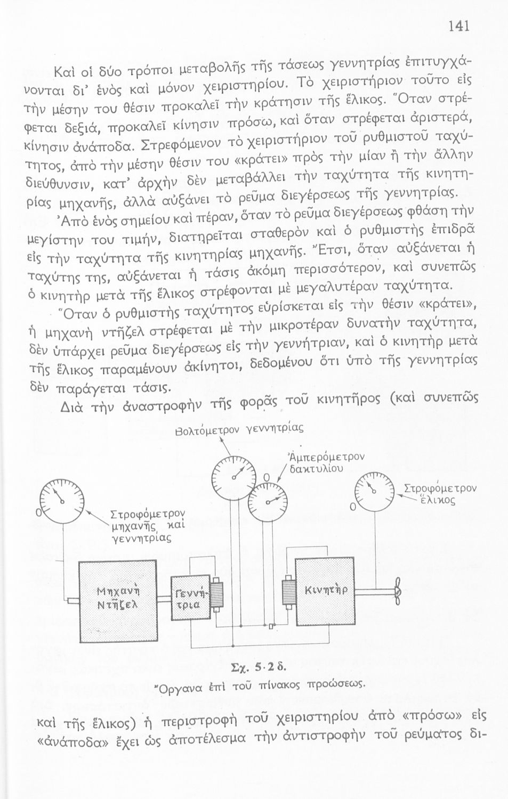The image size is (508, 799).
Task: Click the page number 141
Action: click(x=458, y=26)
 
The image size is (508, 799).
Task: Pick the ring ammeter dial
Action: click(x=269, y=501)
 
